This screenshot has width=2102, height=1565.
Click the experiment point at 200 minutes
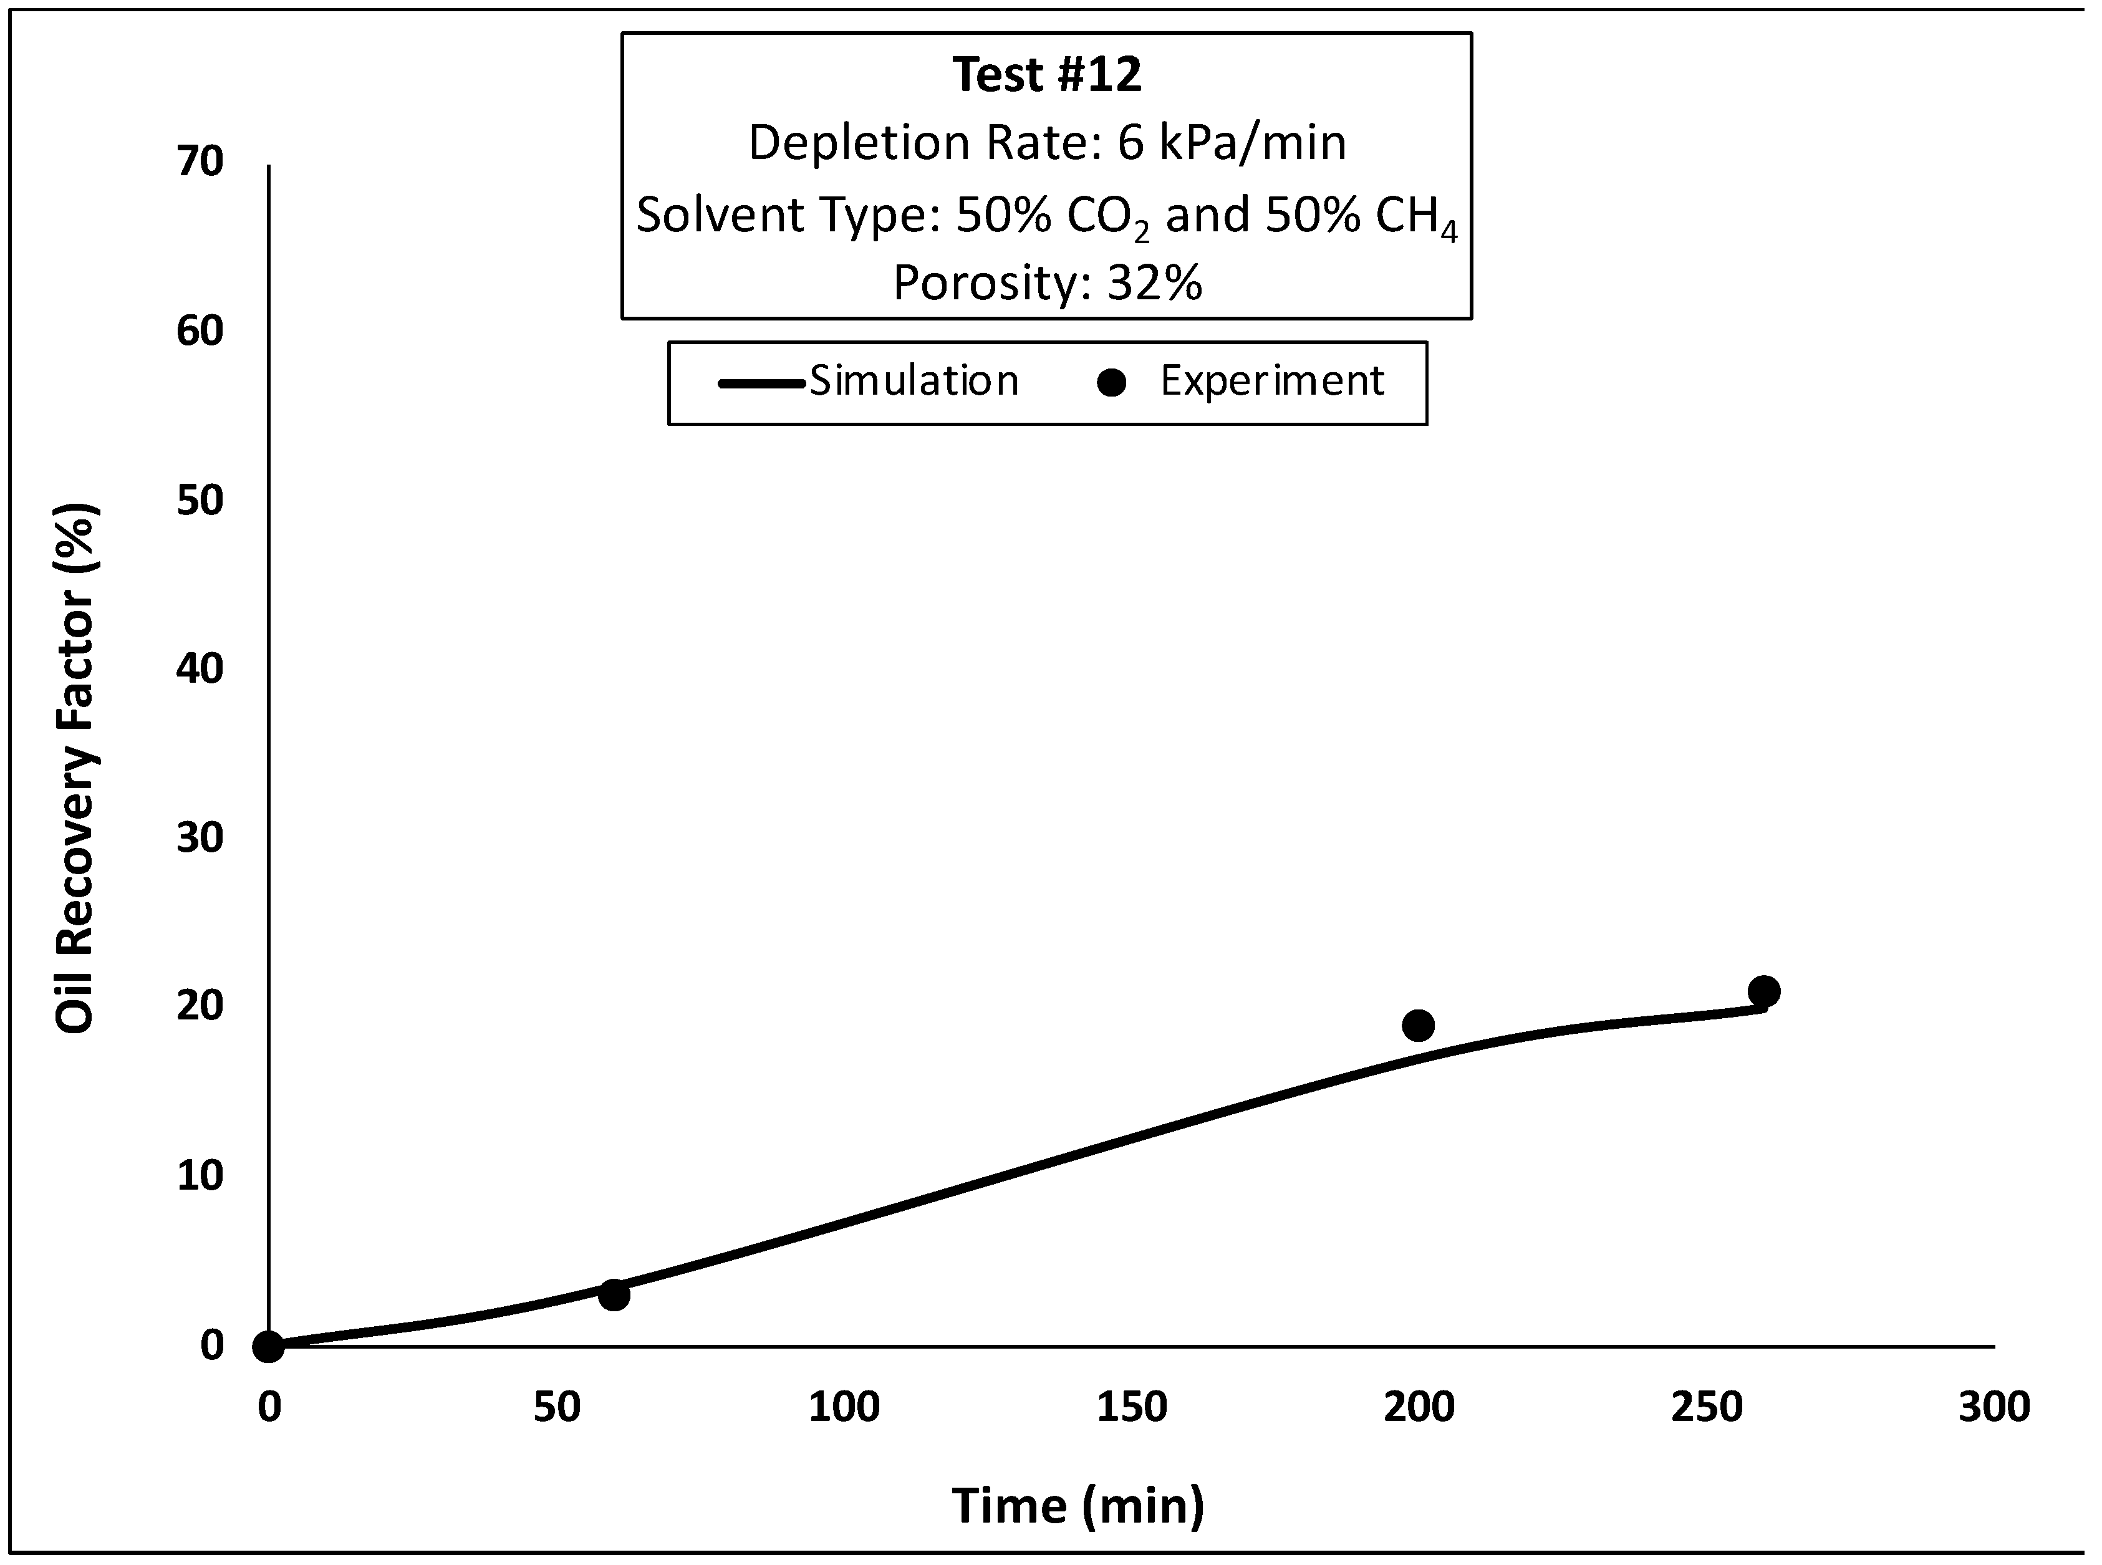coord(1418,1025)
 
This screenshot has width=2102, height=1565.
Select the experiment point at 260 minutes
coord(1763,992)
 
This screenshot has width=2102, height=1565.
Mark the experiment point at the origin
coord(269,1346)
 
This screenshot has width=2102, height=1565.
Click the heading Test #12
coord(1047,75)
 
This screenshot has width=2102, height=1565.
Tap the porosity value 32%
coord(1154,282)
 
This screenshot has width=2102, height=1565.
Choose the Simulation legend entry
coord(913,381)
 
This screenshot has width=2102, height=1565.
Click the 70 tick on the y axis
coord(200,162)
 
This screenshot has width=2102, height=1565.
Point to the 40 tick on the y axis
coord(200,669)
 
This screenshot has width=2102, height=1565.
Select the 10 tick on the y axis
coord(200,1176)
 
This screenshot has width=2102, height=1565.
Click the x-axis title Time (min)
coord(1078,1505)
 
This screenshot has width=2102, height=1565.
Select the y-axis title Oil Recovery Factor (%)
coord(76,768)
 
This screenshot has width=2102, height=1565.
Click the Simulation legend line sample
coord(761,383)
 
